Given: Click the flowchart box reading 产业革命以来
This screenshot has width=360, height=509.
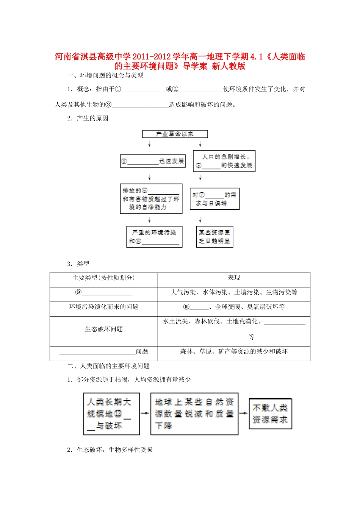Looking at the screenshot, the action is [175, 134].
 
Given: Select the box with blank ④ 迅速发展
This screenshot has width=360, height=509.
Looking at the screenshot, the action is [153, 161].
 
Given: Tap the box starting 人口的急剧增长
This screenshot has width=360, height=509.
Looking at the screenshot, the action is [224, 161].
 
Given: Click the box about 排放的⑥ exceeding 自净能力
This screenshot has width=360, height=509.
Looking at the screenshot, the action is [151, 199].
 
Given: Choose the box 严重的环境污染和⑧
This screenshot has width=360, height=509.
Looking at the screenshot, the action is [154, 237].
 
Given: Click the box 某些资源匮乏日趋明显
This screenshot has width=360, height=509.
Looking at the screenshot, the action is [214, 237].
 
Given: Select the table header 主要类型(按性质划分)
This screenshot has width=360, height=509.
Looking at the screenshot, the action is [103, 278].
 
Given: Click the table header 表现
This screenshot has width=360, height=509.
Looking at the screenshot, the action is [234, 278].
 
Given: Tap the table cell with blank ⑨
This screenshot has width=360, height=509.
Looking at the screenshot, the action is [103, 292].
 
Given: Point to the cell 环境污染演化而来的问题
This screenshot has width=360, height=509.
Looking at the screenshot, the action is [103, 307].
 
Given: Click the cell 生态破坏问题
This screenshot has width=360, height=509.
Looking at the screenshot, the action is [103, 329].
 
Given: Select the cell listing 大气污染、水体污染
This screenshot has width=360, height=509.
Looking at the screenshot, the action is [234, 292].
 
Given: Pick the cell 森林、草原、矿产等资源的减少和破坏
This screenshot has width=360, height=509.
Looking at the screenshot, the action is [234, 352].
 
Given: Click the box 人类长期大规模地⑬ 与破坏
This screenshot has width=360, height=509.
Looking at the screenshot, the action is [111, 414].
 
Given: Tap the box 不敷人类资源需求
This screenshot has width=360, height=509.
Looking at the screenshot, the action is [270, 414].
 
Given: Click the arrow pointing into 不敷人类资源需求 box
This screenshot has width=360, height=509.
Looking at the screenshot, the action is [243, 413].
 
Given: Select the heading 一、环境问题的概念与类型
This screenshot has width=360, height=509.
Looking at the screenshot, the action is [105, 75].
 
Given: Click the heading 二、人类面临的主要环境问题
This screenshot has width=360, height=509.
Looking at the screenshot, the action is [108, 366].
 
